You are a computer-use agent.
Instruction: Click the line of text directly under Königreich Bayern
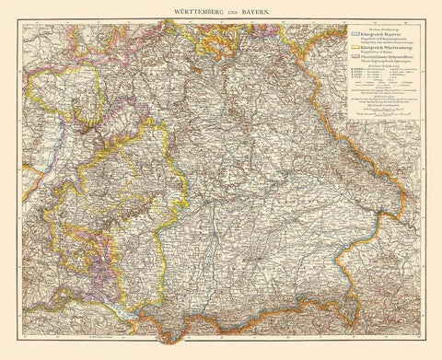(372, 38)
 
